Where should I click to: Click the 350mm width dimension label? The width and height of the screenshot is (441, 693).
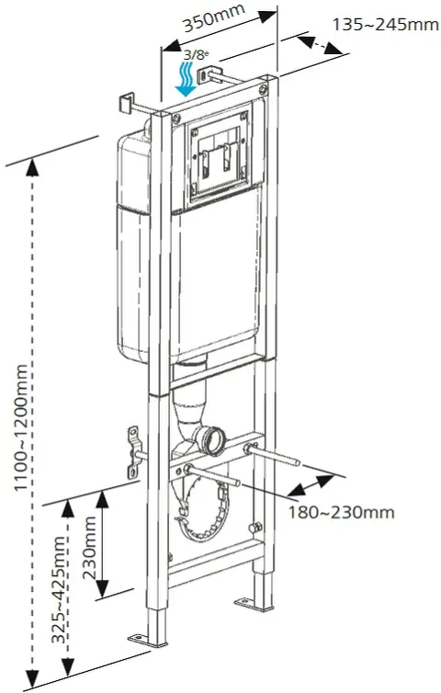pos(214,18)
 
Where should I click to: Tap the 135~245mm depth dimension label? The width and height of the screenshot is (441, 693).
pos(385,24)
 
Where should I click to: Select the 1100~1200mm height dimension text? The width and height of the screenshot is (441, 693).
pos(21,427)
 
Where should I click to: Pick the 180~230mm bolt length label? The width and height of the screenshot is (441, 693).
pos(341,512)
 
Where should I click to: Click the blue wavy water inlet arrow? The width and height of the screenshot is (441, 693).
pos(187,80)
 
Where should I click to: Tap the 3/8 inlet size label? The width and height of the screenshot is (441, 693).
pos(197,55)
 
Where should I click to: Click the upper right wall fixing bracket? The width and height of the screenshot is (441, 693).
pos(209,74)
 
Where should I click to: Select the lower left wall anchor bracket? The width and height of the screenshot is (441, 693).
pos(133,452)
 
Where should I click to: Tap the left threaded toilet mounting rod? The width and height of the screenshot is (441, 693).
pos(213,474)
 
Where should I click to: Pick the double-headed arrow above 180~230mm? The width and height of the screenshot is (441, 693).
pos(311,485)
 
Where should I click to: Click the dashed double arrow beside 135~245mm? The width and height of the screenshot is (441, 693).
pos(319,45)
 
